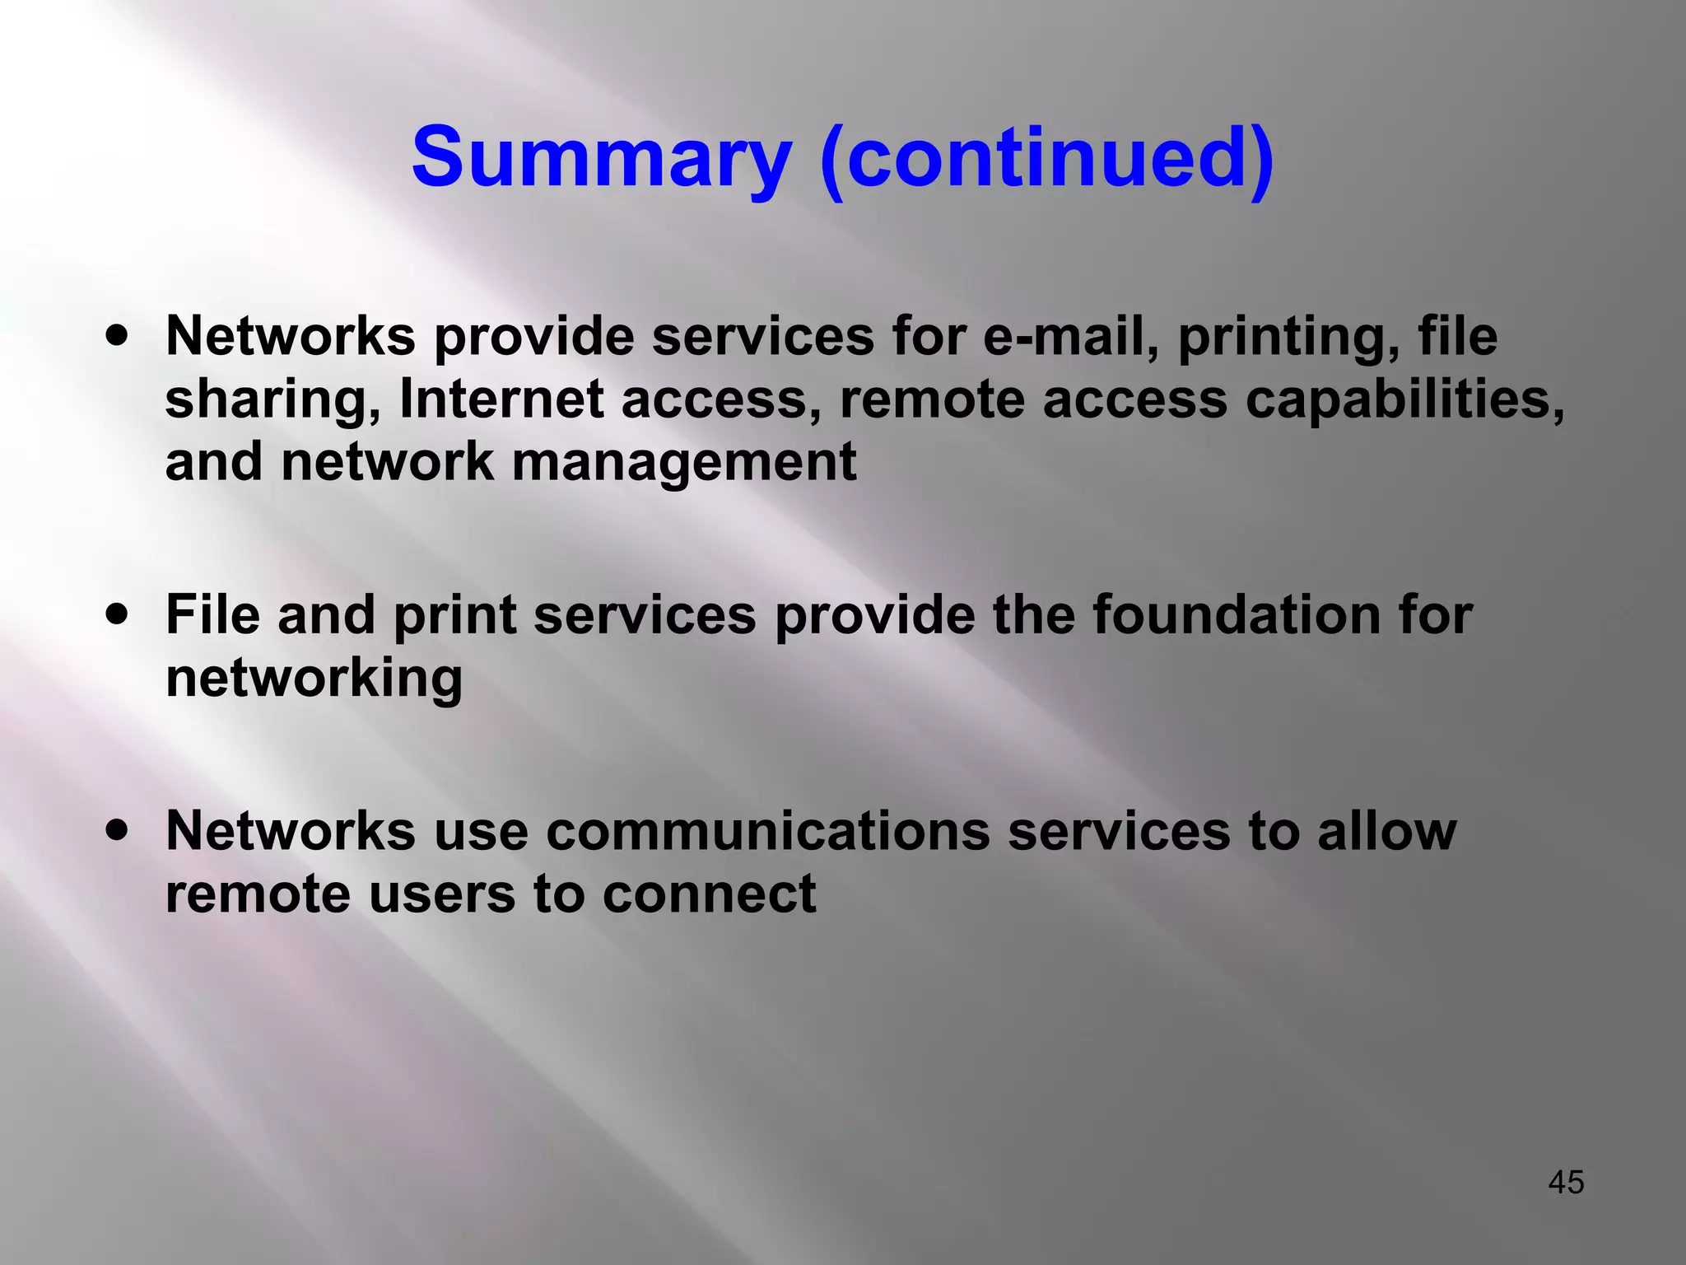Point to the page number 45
(1566, 1183)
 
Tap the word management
(684, 463)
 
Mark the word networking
(314, 679)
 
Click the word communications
(767, 831)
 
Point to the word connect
(709, 894)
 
